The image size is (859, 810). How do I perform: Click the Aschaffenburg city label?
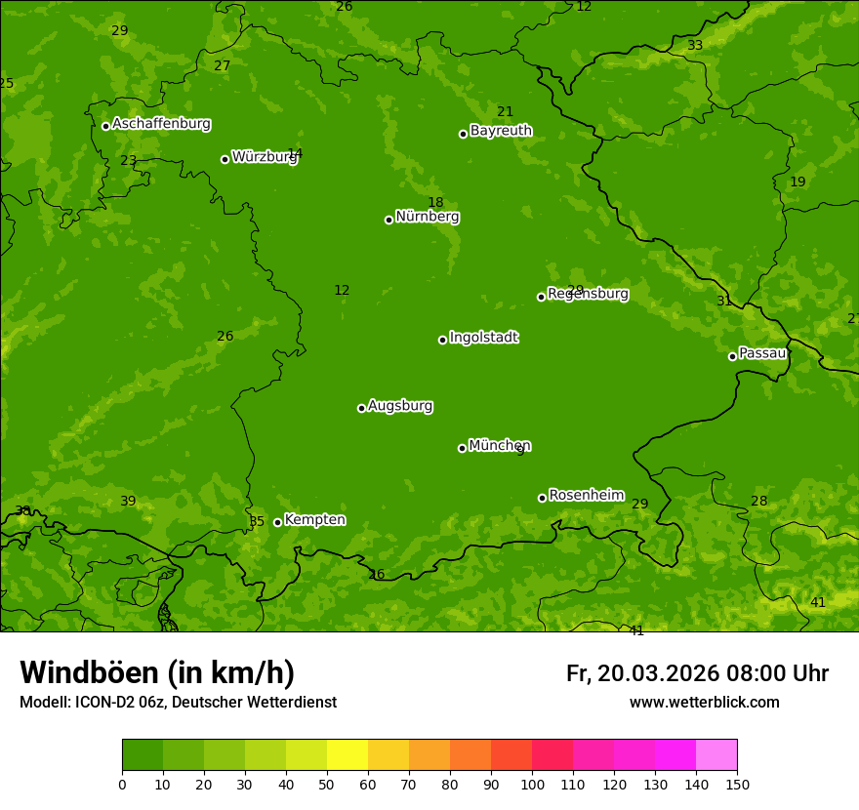pyautogui.click(x=161, y=124)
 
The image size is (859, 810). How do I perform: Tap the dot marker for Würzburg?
pyautogui.click(x=225, y=159)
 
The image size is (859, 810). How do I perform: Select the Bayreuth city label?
pyautogui.click(x=501, y=131)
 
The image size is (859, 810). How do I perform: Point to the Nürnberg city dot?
pyautogui.click(x=389, y=220)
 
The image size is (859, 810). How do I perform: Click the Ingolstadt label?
pyautogui.click(x=483, y=338)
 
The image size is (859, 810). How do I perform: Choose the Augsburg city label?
pyautogui.click(x=400, y=406)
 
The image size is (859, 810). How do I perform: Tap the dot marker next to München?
pyautogui.click(x=462, y=448)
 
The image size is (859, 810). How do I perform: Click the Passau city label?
pyautogui.click(x=761, y=353)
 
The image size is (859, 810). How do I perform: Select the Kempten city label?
pyautogui.click(x=314, y=520)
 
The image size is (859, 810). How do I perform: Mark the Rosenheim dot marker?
pyautogui.click(x=542, y=498)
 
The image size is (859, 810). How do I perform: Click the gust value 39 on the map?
pyautogui.click(x=128, y=502)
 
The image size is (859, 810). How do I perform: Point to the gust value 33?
pyautogui.click(x=695, y=46)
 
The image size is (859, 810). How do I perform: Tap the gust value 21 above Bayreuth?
pyautogui.click(x=505, y=112)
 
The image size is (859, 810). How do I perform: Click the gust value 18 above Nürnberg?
pyautogui.click(x=435, y=203)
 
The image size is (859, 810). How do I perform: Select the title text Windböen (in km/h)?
pyautogui.click(x=157, y=672)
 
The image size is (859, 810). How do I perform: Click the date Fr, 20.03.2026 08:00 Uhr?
pyautogui.click(x=697, y=673)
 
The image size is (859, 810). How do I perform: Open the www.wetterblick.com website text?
pyautogui.click(x=704, y=703)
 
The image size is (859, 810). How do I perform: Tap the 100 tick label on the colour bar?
pyautogui.click(x=532, y=784)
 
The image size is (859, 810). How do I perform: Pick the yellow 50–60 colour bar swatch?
pyautogui.click(x=347, y=755)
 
